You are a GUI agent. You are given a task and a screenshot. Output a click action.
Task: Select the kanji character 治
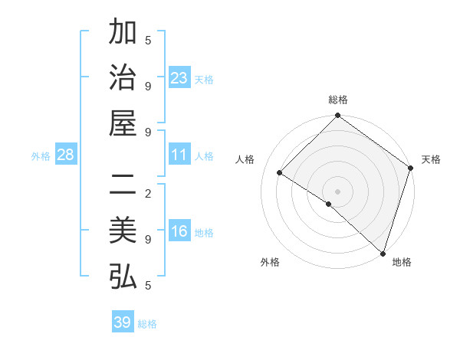pos(123,78)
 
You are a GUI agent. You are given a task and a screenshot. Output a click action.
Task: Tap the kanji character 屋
pos(123,123)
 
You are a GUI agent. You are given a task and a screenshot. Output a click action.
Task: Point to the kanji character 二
pos(123,187)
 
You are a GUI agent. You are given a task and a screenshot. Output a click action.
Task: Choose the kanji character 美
pos(123,232)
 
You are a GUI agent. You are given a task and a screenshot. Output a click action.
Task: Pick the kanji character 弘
pos(123,277)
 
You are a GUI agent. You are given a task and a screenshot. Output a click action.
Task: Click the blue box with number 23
pos(179,78)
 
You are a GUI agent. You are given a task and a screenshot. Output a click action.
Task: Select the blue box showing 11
pos(179,155)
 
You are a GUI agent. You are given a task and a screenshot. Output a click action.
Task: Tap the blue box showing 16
pos(179,232)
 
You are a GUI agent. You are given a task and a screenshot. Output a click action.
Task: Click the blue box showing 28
pos(66,155)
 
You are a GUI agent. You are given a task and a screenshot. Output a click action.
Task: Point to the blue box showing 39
pos(122,322)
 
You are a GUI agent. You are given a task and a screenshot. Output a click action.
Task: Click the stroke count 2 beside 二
pos(148,194)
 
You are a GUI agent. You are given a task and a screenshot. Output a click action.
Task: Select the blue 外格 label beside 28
pos(41,156)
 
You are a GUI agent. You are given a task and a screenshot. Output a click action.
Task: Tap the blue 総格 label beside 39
pos(147,323)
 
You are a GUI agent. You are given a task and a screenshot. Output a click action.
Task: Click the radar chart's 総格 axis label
pos(338,100)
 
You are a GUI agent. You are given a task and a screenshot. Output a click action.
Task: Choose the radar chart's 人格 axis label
pos(245,159)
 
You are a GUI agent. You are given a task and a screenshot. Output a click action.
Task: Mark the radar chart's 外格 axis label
pos(270,262)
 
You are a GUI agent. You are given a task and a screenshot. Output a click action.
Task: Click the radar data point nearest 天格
pos(411,169)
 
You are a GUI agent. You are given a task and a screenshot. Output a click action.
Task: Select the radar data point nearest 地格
pos(382,253)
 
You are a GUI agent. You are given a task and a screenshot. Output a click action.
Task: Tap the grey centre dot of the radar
pos(337,191)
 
